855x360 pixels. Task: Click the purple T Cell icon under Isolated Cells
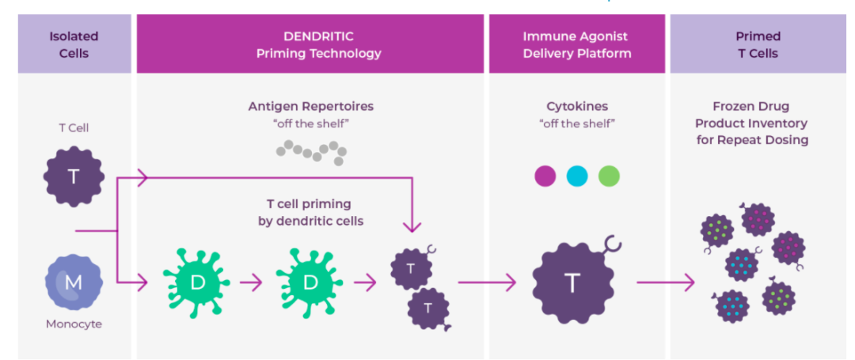click(74, 176)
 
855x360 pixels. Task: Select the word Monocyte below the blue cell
click(74, 324)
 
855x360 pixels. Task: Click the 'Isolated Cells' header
click(74, 44)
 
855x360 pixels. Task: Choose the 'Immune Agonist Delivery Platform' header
click(576, 44)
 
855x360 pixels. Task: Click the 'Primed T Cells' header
click(758, 44)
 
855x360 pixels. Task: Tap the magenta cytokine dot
click(545, 176)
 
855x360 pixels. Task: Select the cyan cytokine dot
click(577, 176)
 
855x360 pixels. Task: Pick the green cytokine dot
click(609, 176)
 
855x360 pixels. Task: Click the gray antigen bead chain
click(311, 151)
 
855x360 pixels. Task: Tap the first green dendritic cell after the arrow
click(196, 282)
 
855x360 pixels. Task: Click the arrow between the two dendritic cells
click(251, 282)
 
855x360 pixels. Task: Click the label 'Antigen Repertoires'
click(310, 106)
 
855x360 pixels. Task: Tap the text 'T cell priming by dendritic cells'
click(310, 212)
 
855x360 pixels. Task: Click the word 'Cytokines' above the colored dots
click(576, 106)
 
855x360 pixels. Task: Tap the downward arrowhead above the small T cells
click(411, 226)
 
